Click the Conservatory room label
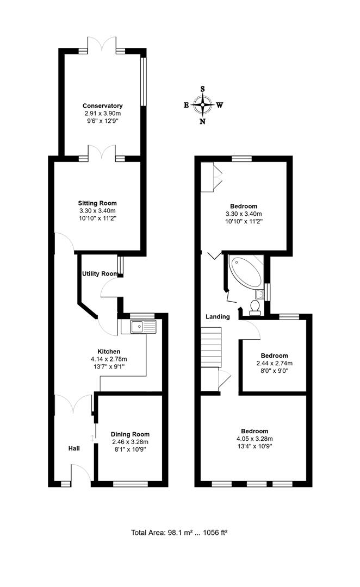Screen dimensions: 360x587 coord(102,106)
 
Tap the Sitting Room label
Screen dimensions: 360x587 coord(97,203)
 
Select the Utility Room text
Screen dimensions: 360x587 coord(100,273)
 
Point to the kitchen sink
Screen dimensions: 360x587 coord(142,327)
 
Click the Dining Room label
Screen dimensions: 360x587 coord(130,434)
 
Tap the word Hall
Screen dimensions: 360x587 coord(74,448)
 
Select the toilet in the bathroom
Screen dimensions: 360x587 coord(256,306)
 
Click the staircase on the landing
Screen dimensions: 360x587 coord(212,347)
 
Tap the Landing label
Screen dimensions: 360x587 coord(218,317)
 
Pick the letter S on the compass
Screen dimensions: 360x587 coord(203,89)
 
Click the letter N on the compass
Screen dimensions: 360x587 coord(203,121)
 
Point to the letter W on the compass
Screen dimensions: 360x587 coord(220,105)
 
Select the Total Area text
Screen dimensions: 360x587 coord(179,532)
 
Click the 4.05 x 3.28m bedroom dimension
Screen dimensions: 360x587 coord(255,439)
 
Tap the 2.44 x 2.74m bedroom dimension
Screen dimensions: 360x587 coord(275,363)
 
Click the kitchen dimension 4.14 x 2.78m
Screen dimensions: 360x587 coord(109,359)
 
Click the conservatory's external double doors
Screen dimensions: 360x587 coord(102,44)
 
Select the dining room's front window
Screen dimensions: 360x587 coord(131,484)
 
